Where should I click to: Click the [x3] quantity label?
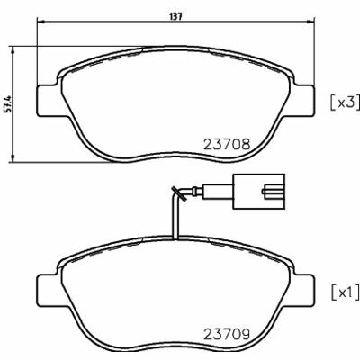341,103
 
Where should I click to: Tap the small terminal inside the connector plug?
270,190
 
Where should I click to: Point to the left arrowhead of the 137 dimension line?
40,25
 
